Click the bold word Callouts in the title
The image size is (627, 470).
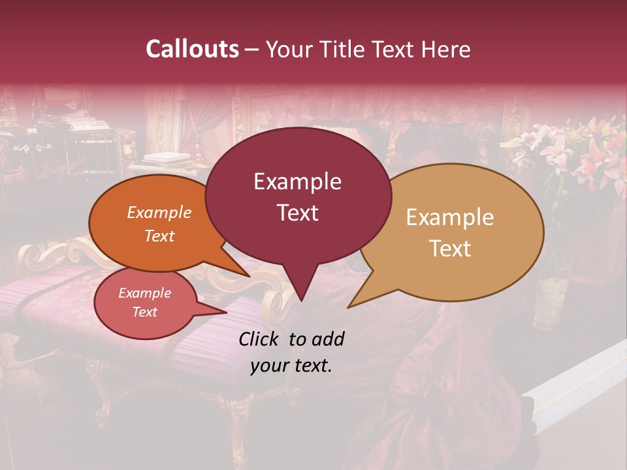coord(192,49)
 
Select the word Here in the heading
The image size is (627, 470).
coord(447,49)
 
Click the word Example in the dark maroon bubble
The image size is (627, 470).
coord(297,181)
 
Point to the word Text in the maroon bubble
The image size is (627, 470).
coord(297,212)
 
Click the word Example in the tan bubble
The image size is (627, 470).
coord(450,217)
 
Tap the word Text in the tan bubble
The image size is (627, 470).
coord(450,248)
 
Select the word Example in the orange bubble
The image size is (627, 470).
coord(159,212)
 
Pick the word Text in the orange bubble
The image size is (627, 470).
coord(159,236)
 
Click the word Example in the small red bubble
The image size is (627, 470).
coord(144,293)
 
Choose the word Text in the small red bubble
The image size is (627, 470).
coord(144,312)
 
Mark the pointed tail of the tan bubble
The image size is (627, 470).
coord(353,304)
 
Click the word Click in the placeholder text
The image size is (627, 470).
coord(260,339)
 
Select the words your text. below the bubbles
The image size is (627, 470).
coord(291,366)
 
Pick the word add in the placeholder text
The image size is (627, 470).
coord(327,339)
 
